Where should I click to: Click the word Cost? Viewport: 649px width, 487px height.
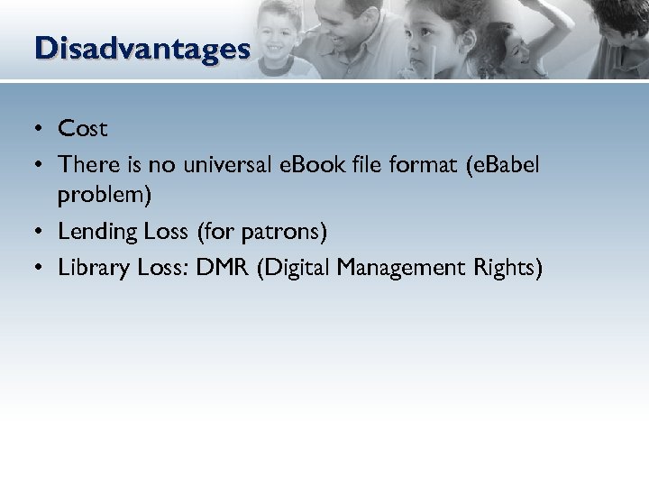click(83, 129)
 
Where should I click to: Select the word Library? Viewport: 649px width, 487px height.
click(94, 268)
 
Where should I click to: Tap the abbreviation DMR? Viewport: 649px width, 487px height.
click(225, 268)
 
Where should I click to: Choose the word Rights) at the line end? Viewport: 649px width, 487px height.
click(508, 268)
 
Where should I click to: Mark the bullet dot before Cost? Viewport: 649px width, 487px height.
click(41, 130)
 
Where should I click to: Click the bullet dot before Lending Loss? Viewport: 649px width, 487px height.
click(41, 233)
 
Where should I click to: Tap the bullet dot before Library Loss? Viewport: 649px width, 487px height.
click(41, 269)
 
